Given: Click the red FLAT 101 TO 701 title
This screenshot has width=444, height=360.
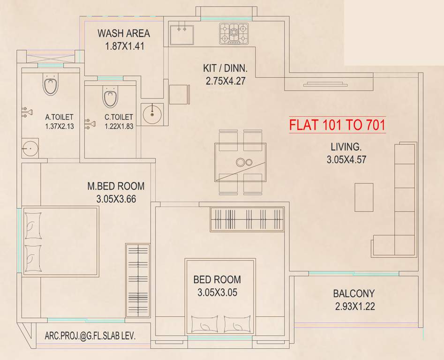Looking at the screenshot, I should [x=337, y=125].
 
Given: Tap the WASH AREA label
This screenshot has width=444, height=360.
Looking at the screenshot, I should [x=124, y=33].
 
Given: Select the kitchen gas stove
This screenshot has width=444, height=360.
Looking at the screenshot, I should [x=234, y=33].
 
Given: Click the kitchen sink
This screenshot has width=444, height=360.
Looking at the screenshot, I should [x=181, y=33].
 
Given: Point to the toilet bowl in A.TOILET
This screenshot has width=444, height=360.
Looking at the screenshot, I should [x=50, y=86].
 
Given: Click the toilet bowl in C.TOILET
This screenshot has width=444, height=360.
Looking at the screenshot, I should [x=110, y=98].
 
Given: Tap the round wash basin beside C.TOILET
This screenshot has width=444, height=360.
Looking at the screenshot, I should [x=152, y=114].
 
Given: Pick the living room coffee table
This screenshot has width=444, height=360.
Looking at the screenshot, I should [x=364, y=197].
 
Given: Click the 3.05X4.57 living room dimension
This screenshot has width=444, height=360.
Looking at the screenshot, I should [x=346, y=159].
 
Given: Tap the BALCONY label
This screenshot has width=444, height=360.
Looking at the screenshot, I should [x=354, y=294].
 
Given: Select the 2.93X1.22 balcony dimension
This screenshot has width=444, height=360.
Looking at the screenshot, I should [x=354, y=307].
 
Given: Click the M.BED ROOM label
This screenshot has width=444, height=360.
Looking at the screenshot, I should [x=116, y=186].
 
